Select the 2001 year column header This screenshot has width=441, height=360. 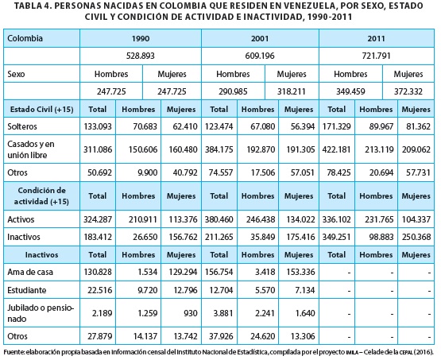(260, 38)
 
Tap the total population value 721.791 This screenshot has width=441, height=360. (377, 56)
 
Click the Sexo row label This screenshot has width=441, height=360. (16, 74)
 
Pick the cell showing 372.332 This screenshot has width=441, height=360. (408, 91)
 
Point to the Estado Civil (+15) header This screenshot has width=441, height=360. (41, 109)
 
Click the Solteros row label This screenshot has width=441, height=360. (22, 126)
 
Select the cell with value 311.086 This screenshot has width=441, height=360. (98, 149)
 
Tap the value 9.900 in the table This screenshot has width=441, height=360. (147, 172)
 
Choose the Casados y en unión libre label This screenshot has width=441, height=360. (31, 149)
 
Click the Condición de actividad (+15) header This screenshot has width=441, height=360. (41, 195)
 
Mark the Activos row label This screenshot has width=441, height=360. (21, 219)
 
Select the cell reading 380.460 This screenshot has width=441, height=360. (219, 219)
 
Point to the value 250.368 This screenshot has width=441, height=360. (416, 237)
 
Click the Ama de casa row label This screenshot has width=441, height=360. (30, 272)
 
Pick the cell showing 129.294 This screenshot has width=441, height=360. (183, 272)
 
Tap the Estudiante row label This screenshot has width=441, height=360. (27, 290)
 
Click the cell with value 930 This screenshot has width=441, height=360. (191, 313)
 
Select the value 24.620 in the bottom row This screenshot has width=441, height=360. (263, 336)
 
